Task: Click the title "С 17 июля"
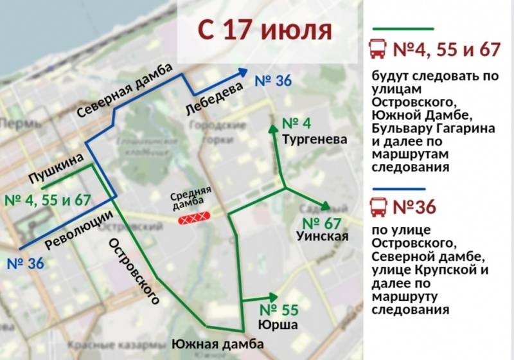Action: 264,30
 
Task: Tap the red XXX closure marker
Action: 194,220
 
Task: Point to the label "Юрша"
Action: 278,325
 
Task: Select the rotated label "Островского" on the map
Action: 134,270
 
